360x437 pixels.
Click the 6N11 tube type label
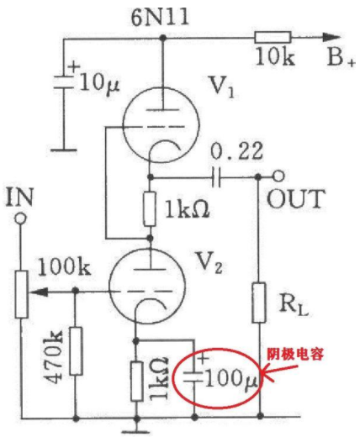[x=160, y=18]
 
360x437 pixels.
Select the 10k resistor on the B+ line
[x=273, y=38]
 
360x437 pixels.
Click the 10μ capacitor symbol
[x=64, y=82]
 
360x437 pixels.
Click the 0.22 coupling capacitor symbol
[x=216, y=177]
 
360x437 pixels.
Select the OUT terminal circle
[x=278, y=176]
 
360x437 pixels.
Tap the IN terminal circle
[x=21, y=218]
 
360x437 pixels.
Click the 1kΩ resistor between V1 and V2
[x=150, y=209]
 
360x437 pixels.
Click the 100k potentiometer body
[x=21, y=294]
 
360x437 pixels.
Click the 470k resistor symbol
[x=76, y=350]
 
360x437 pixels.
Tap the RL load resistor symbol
[x=259, y=303]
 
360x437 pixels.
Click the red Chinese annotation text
[x=295, y=355]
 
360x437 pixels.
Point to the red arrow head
[x=267, y=373]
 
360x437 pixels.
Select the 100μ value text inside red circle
[x=231, y=379]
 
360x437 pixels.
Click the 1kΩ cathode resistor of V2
[x=136, y=381]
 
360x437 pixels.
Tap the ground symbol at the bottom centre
[x=136, y=426]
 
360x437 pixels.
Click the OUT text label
[x=296, y=199]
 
